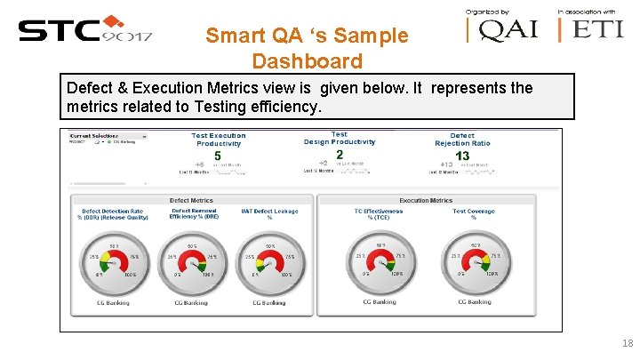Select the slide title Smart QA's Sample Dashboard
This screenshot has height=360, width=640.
pos(307,49)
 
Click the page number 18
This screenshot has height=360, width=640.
pos(628,344)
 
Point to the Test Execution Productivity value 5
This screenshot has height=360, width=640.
pos(218,156)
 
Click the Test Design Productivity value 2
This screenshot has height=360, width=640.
pos(340,155)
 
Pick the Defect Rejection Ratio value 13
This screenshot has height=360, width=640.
pos(462,156)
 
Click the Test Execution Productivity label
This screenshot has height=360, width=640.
pos(219,140)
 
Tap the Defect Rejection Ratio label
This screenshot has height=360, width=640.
pos(462,140)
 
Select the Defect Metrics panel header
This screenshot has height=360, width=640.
pos(191,200)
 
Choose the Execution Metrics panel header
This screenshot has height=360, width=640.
pos(426,200)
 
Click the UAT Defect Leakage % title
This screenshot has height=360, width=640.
pos(269,214)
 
